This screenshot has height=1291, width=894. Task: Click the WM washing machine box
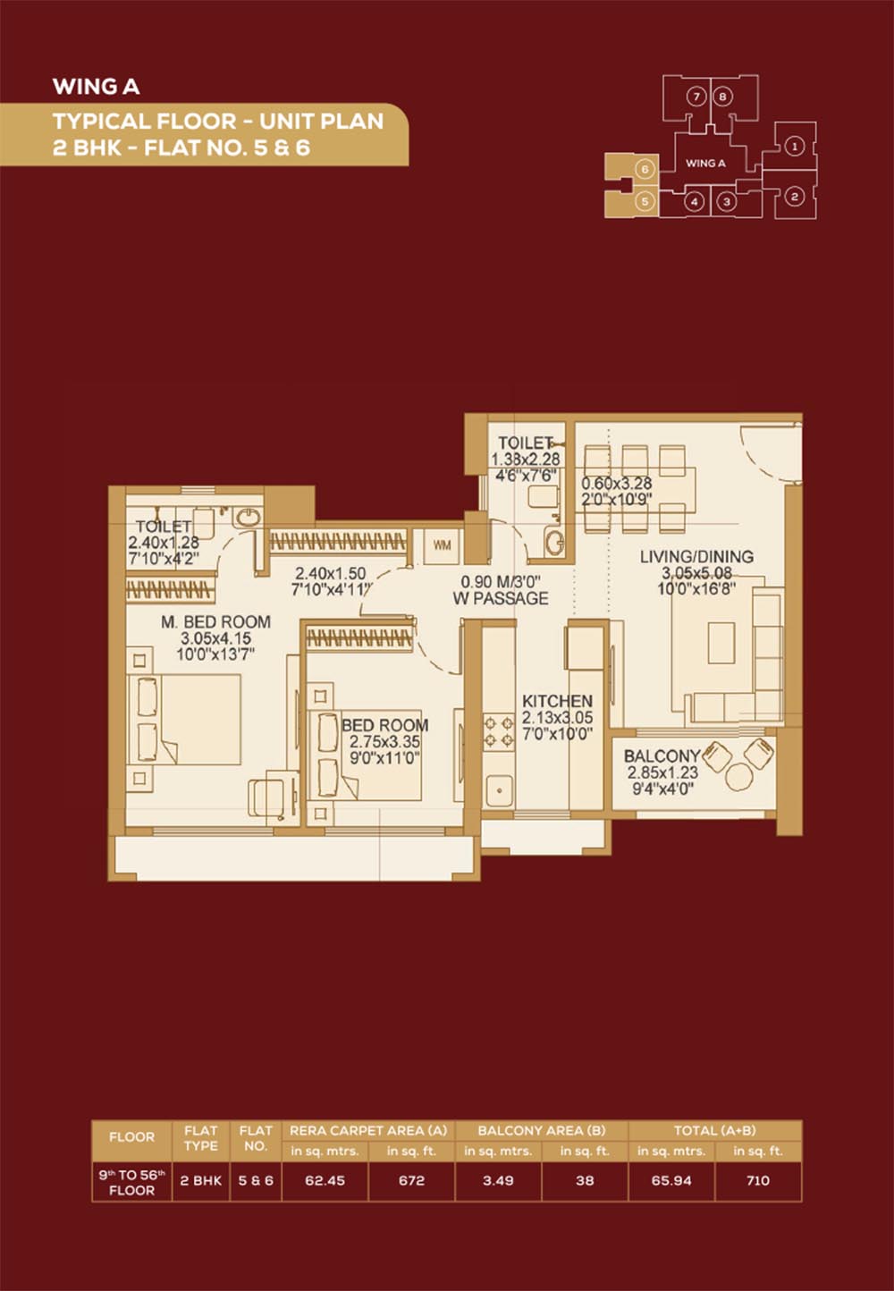[x=443, y=545]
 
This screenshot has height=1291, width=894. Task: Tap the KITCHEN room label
[x=557, y=702]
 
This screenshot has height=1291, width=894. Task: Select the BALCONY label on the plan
[x=662, y=755]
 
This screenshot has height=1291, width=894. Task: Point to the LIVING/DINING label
[x=696, y=557]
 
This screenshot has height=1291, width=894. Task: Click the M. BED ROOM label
[x=215, y=622]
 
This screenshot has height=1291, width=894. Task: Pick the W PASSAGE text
[x=501, y=598]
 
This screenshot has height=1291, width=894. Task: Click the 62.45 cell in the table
[x=325, y=1180]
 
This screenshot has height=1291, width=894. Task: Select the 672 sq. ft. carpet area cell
[x=411, y=1180]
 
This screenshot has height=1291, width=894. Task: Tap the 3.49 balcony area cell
[x=498, y=1180]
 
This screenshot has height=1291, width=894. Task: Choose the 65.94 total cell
[x=670, y=1180]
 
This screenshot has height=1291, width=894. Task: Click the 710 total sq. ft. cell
[x=757, y=1180]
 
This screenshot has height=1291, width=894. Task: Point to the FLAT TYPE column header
[x=200, y=1138]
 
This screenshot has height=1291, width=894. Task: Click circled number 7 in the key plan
[x=696, y=97]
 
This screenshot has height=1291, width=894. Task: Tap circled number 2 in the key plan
[x=794, y=197]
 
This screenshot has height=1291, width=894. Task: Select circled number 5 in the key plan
[x=645, y=202]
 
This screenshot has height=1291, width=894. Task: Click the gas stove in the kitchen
[x=498, y=732]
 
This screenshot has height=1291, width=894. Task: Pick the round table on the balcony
[x=739, y=777]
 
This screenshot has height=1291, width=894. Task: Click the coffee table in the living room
[x=721, y=642]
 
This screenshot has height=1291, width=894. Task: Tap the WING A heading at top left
[x=97, y=87]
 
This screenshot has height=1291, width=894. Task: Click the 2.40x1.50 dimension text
[x=330, y=573]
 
